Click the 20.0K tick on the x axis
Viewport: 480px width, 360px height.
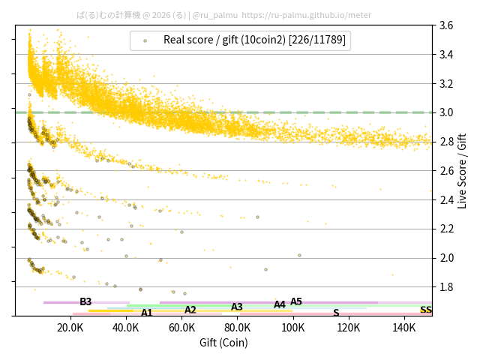(70, 328)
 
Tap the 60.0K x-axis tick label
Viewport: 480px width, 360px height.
(181, 328)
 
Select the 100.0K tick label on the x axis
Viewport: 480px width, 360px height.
(292, 328)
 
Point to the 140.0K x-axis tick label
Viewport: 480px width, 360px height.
(403, 328)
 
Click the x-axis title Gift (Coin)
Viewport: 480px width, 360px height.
(223, 343)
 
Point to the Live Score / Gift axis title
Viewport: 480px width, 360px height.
(463, 170)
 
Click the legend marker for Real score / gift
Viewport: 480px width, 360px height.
(145, 40)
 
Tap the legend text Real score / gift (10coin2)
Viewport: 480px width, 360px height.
(255, 40)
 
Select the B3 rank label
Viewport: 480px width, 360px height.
(85, 301)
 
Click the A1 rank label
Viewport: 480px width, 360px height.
(147, 313)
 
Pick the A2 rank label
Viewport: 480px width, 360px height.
(190, 310)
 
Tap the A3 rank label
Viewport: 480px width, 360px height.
(237, 307)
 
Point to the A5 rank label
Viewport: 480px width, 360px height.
(296, 301)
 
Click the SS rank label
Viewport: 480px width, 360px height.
(425, 310)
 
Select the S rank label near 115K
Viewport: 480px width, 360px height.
(336, 313)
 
